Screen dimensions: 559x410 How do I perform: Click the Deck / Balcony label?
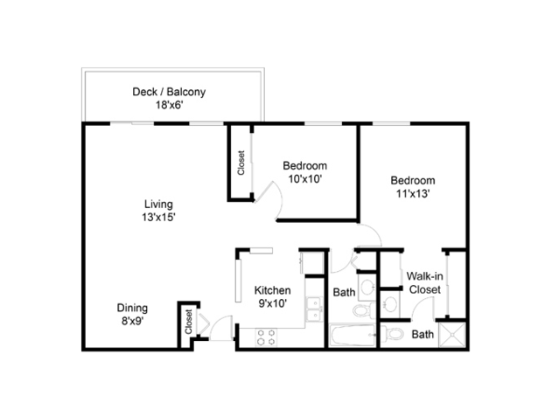click(169, 92)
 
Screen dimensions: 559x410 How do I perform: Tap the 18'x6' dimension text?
click(169, 105)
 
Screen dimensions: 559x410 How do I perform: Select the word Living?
click(158, 205)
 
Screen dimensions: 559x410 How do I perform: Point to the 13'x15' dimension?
click(158, 217)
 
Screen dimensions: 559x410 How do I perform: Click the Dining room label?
click(132, 308)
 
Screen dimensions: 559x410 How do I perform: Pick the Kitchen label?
click(272, 290)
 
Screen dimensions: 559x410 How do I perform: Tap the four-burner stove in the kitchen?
click(266, 337)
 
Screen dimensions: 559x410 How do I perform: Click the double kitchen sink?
click(314, 309)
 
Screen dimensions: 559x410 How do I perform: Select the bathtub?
click(353, 335)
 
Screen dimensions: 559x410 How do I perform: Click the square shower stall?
click(452, 335)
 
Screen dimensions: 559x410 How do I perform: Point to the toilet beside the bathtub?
click(364, 310)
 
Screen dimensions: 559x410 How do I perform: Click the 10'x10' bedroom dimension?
click(305, 179)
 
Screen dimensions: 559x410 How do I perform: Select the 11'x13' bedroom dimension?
click(413, 193)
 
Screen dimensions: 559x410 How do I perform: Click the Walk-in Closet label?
click(424, 283)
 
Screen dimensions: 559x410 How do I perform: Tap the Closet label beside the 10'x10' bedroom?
click(241, 163)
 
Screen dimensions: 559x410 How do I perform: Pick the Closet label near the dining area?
click(189, 322)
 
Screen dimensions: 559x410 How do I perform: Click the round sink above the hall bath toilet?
click(367, 286)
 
